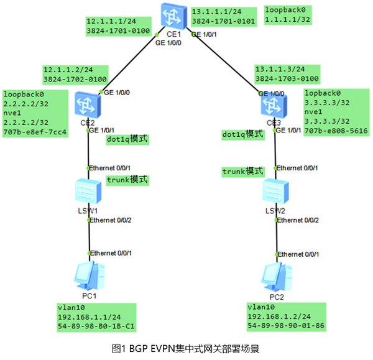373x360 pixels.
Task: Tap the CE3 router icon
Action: [x=274, y=103]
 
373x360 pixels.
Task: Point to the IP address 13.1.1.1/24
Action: [x=216, y=12]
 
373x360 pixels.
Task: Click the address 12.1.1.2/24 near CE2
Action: [x=67, y=69]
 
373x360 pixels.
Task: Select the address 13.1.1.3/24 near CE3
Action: [x=279, y=69]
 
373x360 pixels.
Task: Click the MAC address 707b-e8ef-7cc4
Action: [x=34, y=132]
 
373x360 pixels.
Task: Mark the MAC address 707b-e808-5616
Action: [x=335, y=132]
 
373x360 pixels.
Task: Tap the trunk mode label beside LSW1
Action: [x=127, y=180]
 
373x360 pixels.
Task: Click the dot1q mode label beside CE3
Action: [x=242, y=134]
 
